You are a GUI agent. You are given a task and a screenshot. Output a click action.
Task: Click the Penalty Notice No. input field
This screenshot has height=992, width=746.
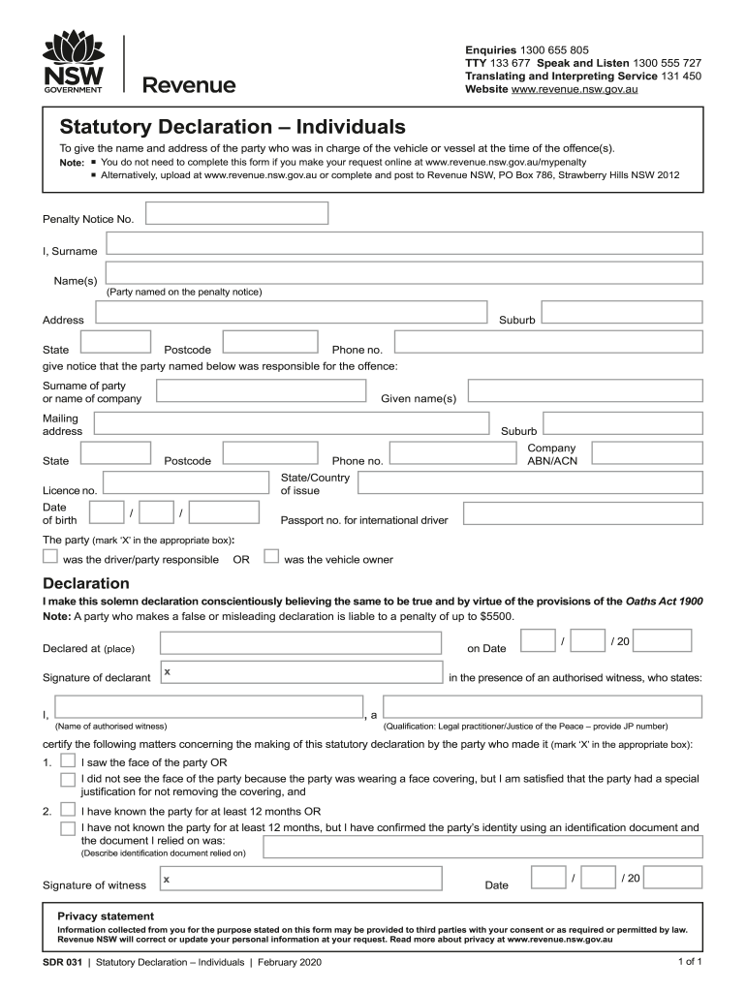point(236,213)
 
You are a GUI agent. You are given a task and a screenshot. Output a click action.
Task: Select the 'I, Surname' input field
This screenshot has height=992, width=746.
point(404,244)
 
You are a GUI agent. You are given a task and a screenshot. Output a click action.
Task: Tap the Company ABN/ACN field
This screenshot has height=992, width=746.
point(646,453)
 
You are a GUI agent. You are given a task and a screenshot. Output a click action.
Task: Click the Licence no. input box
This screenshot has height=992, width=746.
point(185,483)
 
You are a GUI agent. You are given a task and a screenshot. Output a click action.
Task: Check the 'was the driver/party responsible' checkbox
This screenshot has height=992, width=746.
point(50,556)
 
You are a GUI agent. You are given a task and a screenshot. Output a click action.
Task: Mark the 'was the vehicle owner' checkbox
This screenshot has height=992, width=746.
point(271,556)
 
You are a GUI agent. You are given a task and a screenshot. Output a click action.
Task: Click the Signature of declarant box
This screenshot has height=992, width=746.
point(301,675)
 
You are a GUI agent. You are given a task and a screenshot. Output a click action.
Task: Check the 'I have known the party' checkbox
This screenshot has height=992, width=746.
point(68,809)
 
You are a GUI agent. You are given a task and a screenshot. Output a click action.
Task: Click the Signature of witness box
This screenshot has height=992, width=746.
point(301,879)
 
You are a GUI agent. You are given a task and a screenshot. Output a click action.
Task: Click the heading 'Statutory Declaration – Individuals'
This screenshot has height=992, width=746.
point(233,127)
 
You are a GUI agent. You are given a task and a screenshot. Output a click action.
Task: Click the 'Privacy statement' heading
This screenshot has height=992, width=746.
point(106,915)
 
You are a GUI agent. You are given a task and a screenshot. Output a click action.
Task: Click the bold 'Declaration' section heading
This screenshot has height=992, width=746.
point(86,583)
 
